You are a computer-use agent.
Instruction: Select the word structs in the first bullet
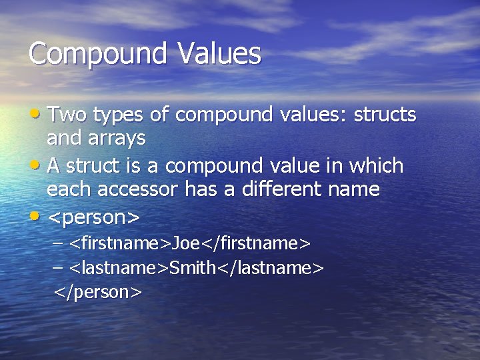click(x=385, y=115)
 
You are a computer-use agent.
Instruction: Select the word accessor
click(x=137, y=190)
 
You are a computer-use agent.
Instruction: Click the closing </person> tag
click(x=98, y=292)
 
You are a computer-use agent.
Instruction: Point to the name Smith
click(x=193, y=268)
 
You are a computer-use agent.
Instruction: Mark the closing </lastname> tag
click(x=271, y=268)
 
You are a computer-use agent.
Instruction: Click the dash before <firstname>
click(x=58, y=243)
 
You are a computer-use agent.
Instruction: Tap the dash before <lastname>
click(x=58, y=268)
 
